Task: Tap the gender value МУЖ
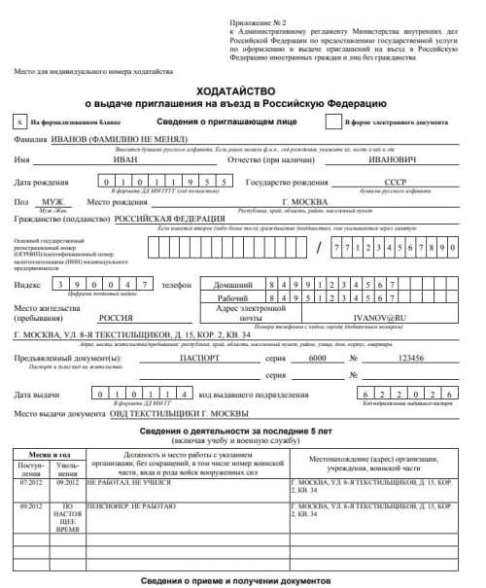click(x=52, y=201)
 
